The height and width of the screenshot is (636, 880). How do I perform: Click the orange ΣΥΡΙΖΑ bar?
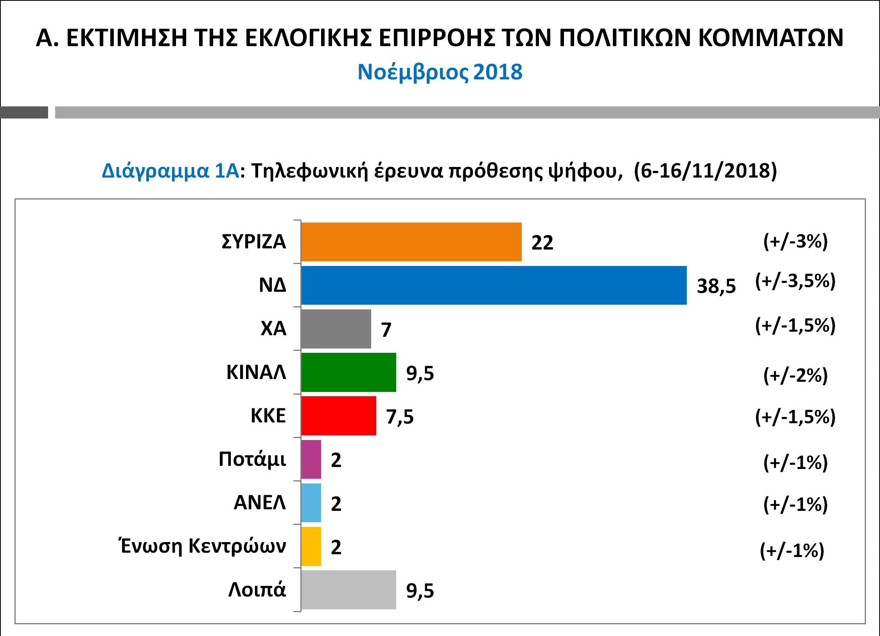tap(411, 242)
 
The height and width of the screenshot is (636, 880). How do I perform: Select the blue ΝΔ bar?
tap(494, 285)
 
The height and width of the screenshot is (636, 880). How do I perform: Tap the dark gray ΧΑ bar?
tap(336, 329)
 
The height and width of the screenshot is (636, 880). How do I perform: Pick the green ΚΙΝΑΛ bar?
tap(348, 372)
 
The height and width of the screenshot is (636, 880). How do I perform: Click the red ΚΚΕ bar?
tap(339, 416)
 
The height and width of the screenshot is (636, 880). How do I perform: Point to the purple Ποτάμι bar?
tap(311, 459)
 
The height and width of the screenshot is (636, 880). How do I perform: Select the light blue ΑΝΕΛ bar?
tap(311, 503)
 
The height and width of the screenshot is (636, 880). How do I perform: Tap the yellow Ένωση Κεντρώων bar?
tap(311, 546)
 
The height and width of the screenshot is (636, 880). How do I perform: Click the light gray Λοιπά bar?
tap(348, 590)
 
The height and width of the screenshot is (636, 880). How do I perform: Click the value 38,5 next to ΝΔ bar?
tap(716, 286)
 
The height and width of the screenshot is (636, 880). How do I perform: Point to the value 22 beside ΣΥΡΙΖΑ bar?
tap(542, 243)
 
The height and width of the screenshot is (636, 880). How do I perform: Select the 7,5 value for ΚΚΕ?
tap(400, 417)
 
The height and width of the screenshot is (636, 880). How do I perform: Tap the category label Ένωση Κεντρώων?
tap(202, 546)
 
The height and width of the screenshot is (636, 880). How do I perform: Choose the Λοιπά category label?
tap(257, 590)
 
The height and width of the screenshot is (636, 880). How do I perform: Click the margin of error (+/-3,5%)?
tap(795, 281)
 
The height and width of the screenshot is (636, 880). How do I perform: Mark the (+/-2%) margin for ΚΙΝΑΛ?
tap(795, 376)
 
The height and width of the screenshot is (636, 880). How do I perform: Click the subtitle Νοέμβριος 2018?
tap(440, 72)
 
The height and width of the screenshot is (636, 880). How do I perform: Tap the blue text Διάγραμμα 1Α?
tap(170, 171)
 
